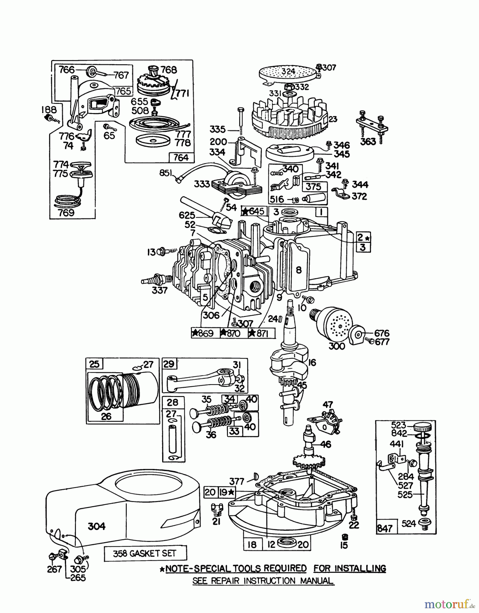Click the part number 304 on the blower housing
[97, 526]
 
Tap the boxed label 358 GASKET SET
[145, 553]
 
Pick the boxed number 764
[181, 157]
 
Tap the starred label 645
[254, 211]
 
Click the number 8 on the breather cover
[299, 270]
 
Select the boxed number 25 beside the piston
[94, 364]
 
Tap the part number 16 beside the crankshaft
[312, 362]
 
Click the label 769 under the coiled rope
[67, 213]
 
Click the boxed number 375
[314, 186]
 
